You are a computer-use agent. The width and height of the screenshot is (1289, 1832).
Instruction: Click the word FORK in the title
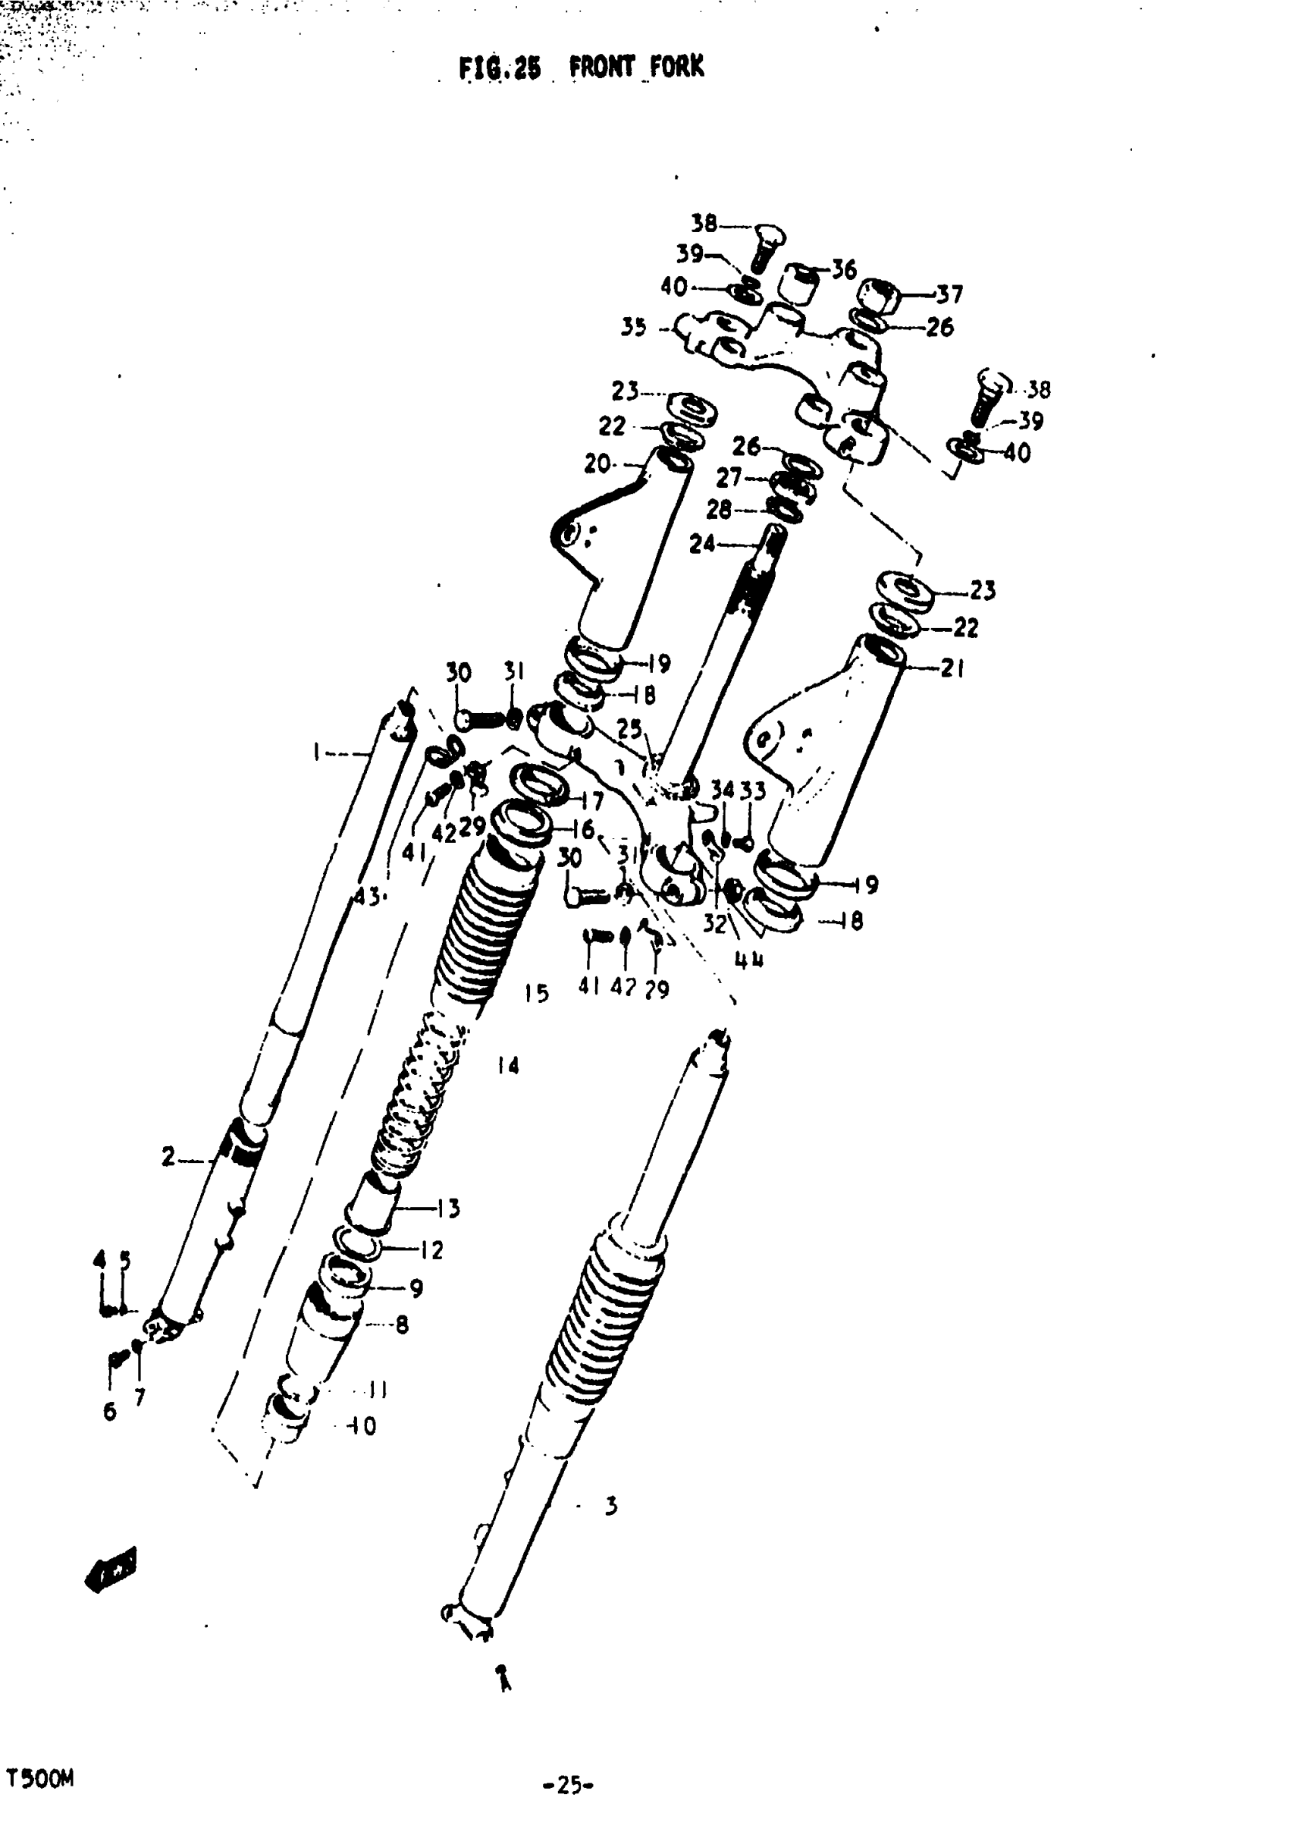tap(676, 67)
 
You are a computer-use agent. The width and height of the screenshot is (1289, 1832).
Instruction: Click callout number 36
tap(843, 270)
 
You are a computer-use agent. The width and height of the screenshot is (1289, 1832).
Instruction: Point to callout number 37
tap(949, 294)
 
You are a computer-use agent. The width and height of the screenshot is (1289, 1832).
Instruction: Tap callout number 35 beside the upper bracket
tap(633, 327)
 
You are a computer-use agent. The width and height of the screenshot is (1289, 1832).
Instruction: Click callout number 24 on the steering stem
tap(702, 544)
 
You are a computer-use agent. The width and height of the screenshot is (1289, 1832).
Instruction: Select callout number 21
tap(952, 668)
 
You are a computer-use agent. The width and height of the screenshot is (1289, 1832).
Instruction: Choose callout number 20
tap(597, 463)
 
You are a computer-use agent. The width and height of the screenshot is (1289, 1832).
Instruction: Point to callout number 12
tap(431, 1249)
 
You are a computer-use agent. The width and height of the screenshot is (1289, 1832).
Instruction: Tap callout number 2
tap(168, 1156)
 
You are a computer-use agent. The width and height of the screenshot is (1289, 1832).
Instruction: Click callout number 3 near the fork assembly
tap(611, 1506)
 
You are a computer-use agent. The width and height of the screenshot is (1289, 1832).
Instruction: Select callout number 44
tap(748, 960)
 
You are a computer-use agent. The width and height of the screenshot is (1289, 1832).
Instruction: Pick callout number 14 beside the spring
tap(507, 1065)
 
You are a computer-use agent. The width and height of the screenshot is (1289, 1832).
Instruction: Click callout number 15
tap(536, 994)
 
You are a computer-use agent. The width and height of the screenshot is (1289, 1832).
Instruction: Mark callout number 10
tap(363, 1426)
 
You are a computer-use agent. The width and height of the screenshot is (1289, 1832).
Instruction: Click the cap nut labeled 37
tap(881, 297)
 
